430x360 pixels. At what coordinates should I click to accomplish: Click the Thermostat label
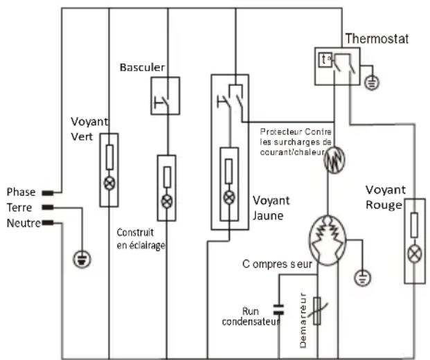click(x=377, y=39)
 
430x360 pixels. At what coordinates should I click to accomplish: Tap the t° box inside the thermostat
click(x=325, y=60)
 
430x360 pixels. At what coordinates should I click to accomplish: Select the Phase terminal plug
click(x=48, y=193)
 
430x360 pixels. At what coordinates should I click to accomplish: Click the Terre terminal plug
click(x=48, y=207)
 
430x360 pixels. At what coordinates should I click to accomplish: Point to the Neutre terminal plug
click(x=48, y=223)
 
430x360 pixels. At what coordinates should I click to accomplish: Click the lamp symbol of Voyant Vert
click(x=109, y=183)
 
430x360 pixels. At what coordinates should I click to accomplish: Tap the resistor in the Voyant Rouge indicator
click(x=414, y=225)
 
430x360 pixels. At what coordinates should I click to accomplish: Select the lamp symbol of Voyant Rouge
click(x=415, y=254)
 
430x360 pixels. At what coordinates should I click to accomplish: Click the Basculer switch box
click(x=165, y=96)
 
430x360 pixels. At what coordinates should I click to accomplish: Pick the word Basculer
click(x=143, y=67)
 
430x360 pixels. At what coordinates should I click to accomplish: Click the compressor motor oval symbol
click(x=328, y=240)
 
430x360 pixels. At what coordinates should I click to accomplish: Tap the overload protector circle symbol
click(x=334, y=160)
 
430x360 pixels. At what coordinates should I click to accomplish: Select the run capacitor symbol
click(x=278, y=309)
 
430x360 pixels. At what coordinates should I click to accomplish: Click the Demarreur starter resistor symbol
click(x=317, y=311)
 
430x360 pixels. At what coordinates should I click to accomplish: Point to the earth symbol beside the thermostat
click(x=372, y=82)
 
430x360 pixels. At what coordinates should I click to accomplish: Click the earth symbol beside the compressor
click(x=363, y=278)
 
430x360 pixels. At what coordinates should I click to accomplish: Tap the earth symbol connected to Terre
click(x=82, y=260)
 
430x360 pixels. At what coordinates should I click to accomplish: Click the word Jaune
click(x=268, y=216)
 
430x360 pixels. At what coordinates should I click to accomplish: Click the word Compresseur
click(x=277, y=264)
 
